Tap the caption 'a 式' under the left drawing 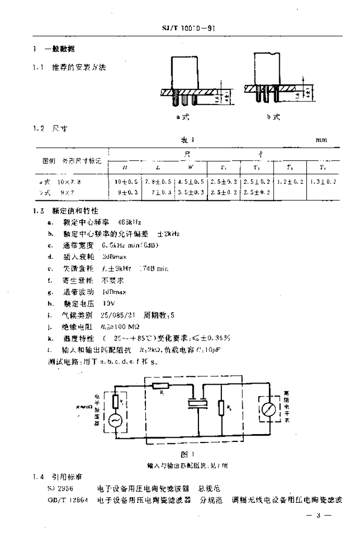point(182,118)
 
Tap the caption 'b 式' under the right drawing point(274,118)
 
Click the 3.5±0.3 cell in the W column point(191,192)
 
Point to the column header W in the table point(191,167)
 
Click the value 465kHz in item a point(130,222)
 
